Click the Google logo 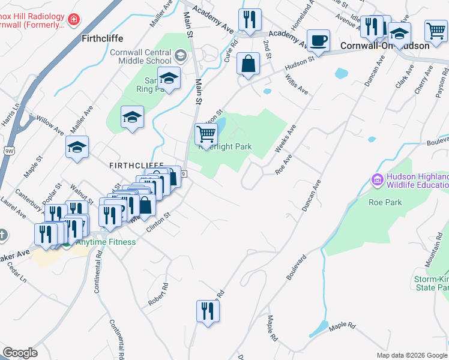20,353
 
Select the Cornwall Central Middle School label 140,56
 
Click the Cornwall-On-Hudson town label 385,46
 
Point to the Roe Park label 385,202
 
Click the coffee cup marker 318,41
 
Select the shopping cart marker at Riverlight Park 206,134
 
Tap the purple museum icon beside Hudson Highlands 378,179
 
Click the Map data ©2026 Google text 412,355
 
